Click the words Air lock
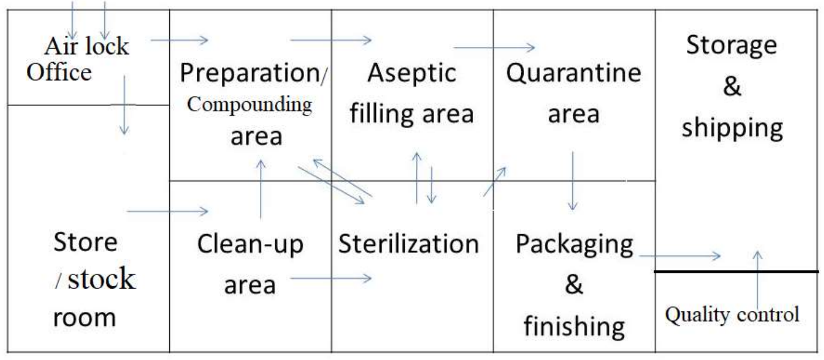pyautogui.click(x=87, y=46)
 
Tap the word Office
pyautogui.click(x=59, y=73)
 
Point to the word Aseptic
pyautogui.click(x=412, y=74)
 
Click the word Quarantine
pyautogui.click(x=573, y=73)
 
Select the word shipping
pyautogui.click(x=733, y=129)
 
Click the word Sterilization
pyautogui.click(x=408, y=244)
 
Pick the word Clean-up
pyautogui.click(x=250, y=245)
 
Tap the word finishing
pyautogui.click(x=575, y=326)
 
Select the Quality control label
pyautogui.click(x=732, y=315)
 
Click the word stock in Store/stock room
pyautogui.click(x=101, y=279)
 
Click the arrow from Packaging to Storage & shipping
pyautogui.click(x=680, y=256)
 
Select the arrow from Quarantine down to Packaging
pyautogui.click(x=572, y=181)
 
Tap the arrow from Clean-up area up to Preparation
pyautogui.click(x=261, y=189)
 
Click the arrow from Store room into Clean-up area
pyautogui.click(x=167, y=211)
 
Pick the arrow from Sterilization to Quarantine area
pyautogui.click(x=495, y=181)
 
